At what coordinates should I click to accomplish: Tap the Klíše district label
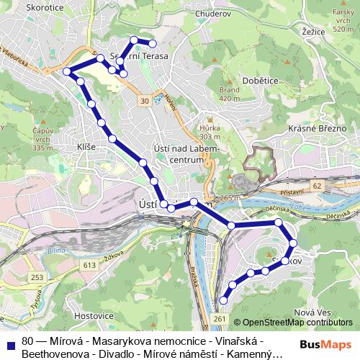point(86,147)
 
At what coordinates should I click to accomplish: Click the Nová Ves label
point(312,312)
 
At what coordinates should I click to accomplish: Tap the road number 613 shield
point(89,266)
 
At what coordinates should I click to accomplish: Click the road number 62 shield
point(318,186)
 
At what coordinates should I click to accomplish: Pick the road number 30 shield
point(145,100)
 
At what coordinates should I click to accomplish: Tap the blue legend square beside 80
point(10,341)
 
